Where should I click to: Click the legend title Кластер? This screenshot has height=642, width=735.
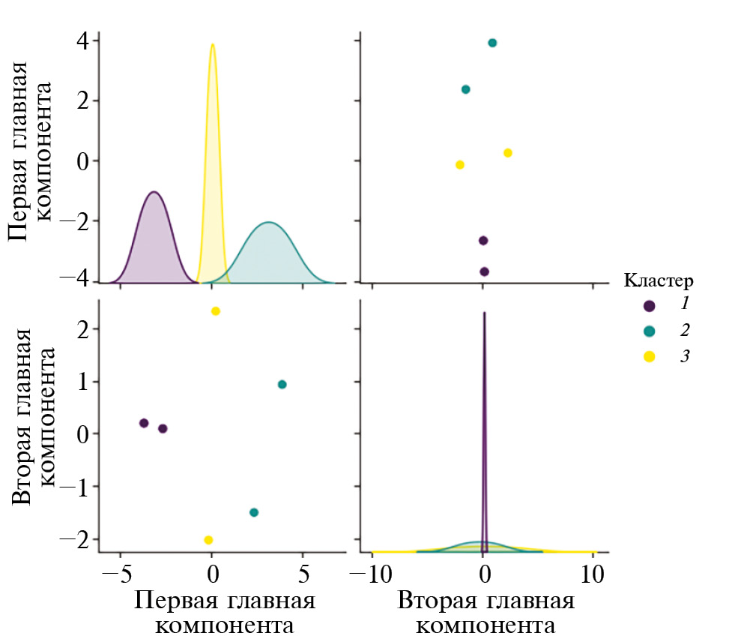659,281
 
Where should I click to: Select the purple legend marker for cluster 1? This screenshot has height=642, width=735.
650,306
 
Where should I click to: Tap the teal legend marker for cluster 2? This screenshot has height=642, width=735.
650,331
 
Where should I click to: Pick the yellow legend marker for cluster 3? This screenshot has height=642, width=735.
650,356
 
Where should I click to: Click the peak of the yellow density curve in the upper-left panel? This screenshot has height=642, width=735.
213,44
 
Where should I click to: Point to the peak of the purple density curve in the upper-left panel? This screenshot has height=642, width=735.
154,192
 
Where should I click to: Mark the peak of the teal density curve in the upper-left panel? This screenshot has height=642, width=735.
268,223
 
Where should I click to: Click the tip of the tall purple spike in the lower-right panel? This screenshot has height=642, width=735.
485,313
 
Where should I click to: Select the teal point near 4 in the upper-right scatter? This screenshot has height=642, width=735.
492,43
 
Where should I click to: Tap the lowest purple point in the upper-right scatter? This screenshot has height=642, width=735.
484,271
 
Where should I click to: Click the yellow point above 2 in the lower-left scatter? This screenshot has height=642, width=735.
216,311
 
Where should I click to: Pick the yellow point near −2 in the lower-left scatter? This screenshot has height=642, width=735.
208,540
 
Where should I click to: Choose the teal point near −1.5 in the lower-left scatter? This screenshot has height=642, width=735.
254,513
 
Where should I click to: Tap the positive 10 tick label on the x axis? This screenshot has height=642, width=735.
593,574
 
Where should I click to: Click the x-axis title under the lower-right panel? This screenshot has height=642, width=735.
486,613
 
